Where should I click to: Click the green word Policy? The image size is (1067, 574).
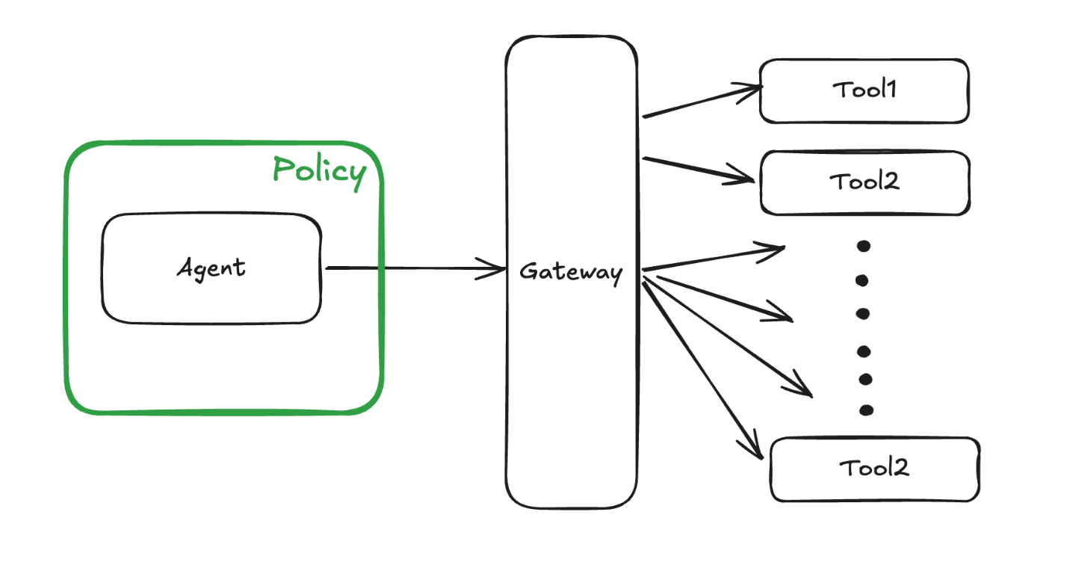point(320,171)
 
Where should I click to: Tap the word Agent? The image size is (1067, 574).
point(211,268)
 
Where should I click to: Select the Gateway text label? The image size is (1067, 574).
point(571,271)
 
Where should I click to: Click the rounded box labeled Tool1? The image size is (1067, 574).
point(864,91)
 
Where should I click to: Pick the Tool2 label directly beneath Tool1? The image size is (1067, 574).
point(865,182)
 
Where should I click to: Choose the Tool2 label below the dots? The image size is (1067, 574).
point(874,469)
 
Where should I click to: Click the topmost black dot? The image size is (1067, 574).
point(863,246)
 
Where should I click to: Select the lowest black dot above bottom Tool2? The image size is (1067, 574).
point(866,410)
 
